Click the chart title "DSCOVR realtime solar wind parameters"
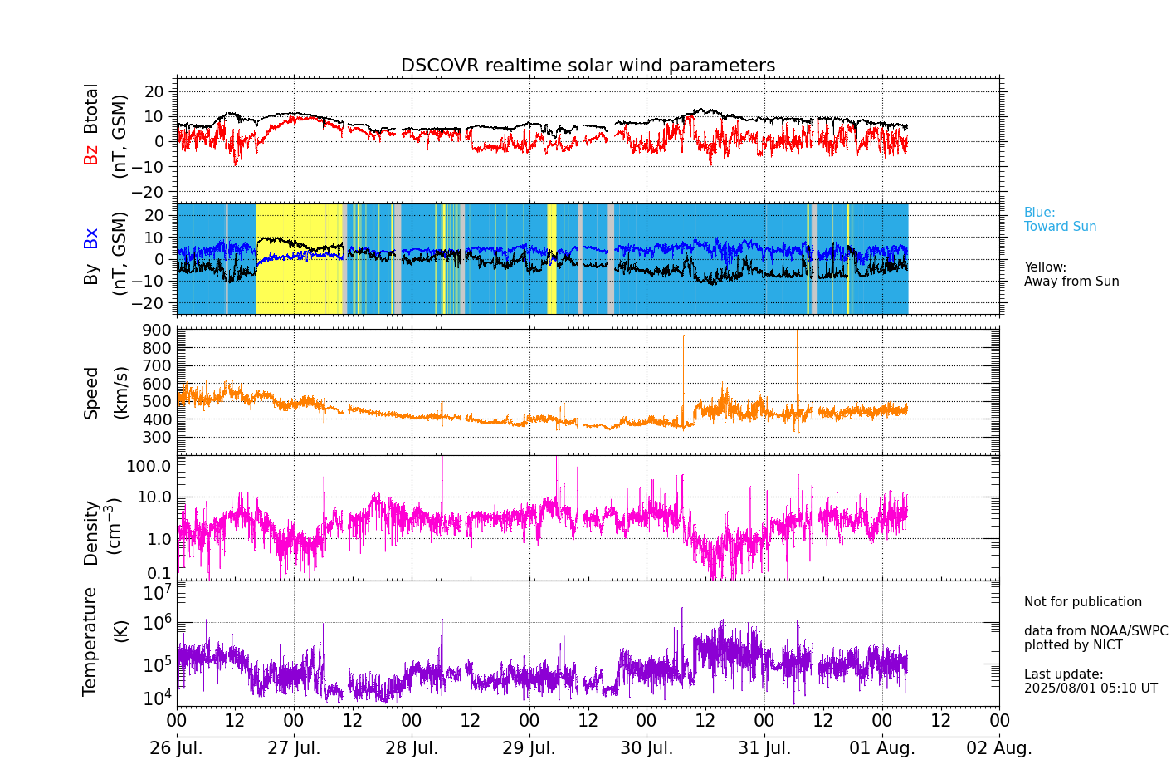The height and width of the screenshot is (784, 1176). coord(588,66)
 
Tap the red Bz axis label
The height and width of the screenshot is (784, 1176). coord(91,154)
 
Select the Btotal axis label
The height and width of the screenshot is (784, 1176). coord(91,108)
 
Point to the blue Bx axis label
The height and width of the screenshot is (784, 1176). coord(91,238)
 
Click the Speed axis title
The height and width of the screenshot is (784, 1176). coord(91,393)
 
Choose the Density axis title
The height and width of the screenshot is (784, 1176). coord(91,532)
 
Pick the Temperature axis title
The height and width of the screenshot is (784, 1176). coord(90,640)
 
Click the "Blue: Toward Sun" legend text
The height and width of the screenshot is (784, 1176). coord(1060,219)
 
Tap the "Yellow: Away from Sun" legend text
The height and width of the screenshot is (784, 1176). coord(1071,274)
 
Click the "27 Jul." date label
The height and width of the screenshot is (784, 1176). coord(294,748)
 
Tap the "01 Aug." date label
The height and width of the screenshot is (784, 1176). coord(882,748)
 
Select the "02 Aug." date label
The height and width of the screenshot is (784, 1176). coord(999,748)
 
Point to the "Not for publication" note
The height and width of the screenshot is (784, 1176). coord(1082,602)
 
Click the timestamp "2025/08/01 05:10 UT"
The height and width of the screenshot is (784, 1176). coord(1090,688)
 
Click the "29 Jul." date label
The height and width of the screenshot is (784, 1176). coord(529,748)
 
